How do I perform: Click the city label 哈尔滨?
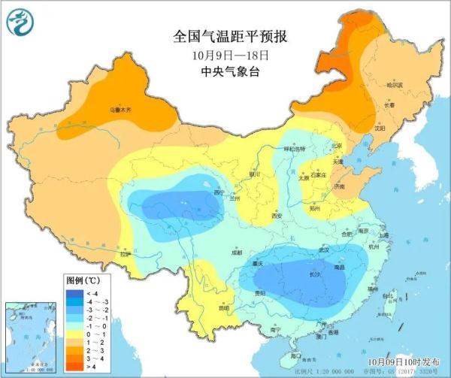click(395, 85)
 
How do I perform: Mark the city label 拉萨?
click(125, 254)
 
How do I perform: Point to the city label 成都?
click(237, 253)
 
